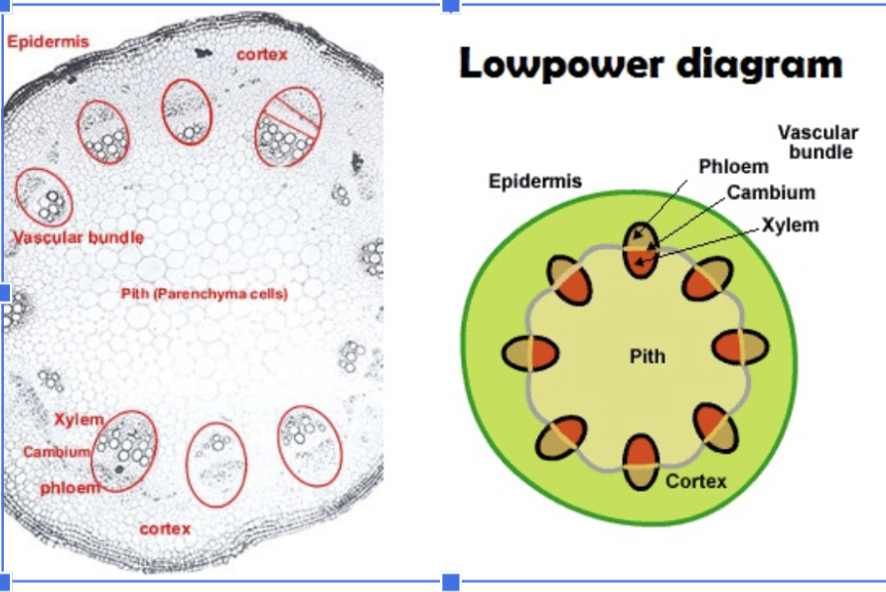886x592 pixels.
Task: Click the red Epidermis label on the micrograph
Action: click(48, 42)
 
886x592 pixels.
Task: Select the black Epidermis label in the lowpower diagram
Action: click(535, 182)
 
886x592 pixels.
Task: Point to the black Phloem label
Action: click(733, 166)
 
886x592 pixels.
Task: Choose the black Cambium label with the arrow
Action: click(771, 193)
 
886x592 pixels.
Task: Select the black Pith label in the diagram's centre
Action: click(647, 356)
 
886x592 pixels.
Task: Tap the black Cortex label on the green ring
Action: click(695, 482)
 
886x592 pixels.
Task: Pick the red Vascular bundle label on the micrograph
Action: click(78, 237)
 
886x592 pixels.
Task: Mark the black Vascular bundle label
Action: click(816, 142)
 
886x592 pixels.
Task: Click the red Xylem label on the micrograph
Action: click(79, 419)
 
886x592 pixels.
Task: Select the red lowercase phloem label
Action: click(70, 488)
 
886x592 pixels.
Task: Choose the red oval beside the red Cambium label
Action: click(124, 452)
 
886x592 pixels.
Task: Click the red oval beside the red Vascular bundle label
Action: click(45, 196)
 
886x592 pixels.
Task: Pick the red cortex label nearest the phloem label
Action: click(165, 528)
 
